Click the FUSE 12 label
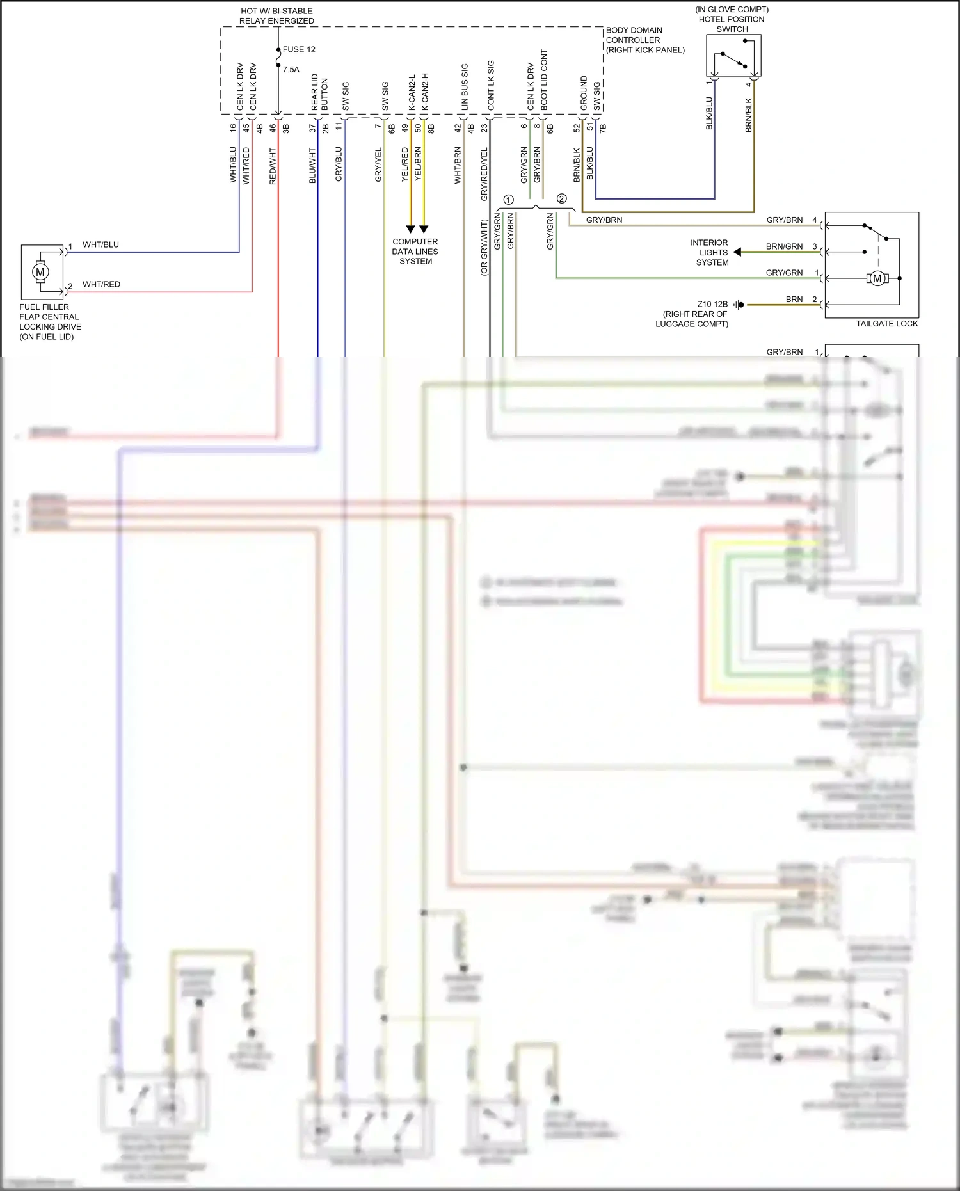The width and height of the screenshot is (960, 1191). click(x=299, y=49)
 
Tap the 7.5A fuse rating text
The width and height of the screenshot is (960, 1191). click(x=291, y=70)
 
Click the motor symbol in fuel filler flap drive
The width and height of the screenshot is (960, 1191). click(x=40, y=272)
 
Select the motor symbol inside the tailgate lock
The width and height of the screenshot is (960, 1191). click(x=877, y=278)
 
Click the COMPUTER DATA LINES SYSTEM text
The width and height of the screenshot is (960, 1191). click(x=415, y=252)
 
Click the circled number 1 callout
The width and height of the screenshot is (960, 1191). click(x=508, y=200)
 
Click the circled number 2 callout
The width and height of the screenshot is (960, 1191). click(x=561, y=198)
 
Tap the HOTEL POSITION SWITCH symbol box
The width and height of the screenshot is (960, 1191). click(x=733, y=56)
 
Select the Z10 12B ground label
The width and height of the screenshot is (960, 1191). click(x=712, y=304)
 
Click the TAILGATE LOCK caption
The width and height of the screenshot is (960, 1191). click(x=886, y=323)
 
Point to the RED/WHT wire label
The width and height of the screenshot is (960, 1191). click(x=273, y=166)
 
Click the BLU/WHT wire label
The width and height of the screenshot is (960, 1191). click(x=312, y=166)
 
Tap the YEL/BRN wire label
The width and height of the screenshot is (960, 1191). click(x=418, y=164)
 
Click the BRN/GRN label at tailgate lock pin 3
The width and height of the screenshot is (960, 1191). click(x=784, y=246)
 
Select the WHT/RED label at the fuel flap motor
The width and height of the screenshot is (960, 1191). click(x=101, y=284)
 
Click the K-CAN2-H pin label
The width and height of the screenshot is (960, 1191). click(x=425, y=92)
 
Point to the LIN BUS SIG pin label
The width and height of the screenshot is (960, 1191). click(x=465, y=88)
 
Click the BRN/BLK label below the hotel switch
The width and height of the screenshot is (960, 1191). click(x=748, y=115)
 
